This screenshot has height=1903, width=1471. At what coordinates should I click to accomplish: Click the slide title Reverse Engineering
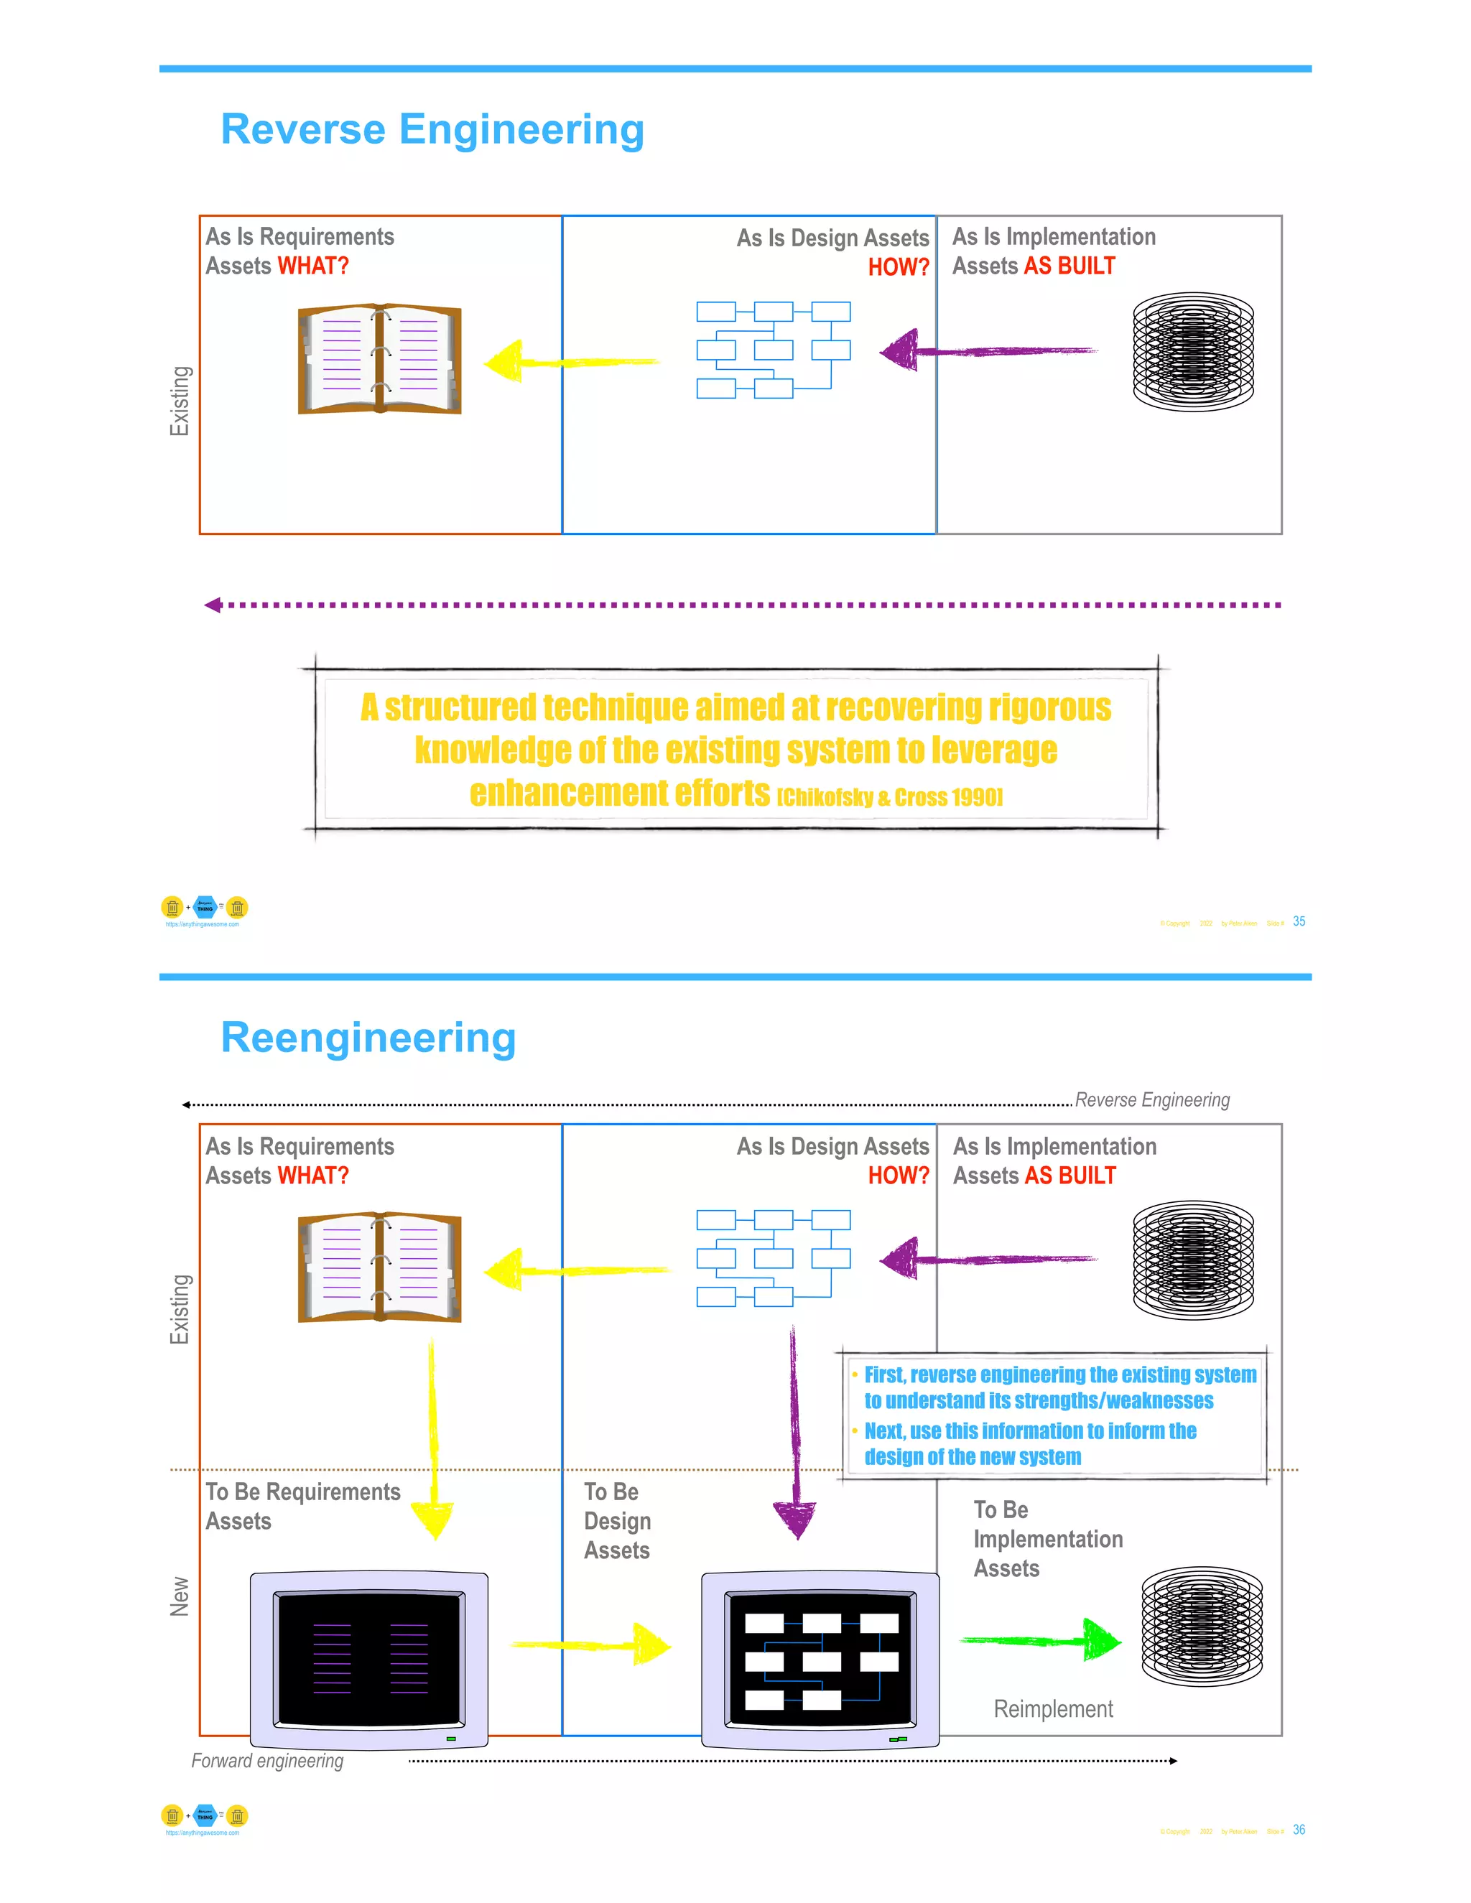click(x=432, y=129)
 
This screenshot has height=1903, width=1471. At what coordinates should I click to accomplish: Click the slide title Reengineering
click(x=368, y=1037)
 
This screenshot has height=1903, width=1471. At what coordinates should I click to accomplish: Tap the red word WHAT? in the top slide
click(x=313, y=266)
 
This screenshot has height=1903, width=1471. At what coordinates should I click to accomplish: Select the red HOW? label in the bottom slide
click(x=898, y=1176)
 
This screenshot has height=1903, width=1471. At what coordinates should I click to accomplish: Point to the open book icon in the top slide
click(x=379, y=359)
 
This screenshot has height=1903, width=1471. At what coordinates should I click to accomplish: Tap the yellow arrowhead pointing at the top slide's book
click(x=504, y=360)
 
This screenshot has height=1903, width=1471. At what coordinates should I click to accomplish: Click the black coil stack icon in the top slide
click(x=1192, y=352)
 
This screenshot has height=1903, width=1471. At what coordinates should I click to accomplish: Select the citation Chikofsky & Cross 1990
click(x=889, y=797)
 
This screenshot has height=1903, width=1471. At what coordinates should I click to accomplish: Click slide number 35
click(x=1299, y=921)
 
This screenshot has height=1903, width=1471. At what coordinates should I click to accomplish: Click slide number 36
click(x=1299, y=1830)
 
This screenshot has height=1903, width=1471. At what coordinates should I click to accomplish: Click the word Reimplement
click(x=1053, y=1708)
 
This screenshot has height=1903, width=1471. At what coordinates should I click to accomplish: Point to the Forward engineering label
click(x=267, y=1761)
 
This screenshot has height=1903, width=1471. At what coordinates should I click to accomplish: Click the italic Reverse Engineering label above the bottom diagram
click(x=1152, y=1099)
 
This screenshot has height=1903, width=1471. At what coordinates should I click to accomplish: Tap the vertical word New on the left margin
click(x=180, y=1596)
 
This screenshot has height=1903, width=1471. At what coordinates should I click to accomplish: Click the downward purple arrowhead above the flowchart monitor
click(x=795, y=1519)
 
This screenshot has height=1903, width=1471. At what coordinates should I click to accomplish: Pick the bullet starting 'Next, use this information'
click(x=1029, y=1444)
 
